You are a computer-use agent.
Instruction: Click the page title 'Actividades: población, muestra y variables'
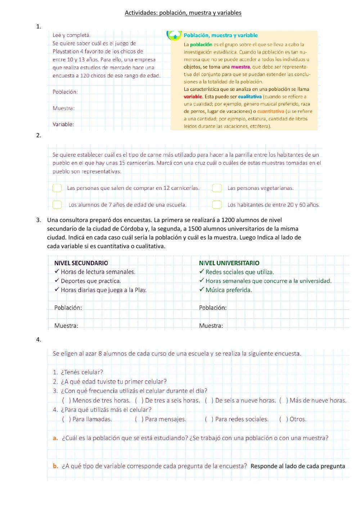(183, 13)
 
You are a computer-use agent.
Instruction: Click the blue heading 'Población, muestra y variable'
(221, 35)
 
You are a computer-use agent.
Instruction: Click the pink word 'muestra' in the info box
(240, 67)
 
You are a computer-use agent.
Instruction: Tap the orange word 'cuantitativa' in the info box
(270, 111)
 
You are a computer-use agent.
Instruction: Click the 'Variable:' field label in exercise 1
(63, 124)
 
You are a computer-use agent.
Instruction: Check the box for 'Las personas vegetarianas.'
(217, 188)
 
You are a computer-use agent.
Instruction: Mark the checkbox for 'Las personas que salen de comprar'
(57, 188)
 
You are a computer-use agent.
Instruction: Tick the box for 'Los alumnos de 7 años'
(57, 205)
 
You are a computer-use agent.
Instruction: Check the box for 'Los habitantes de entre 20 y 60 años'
(217, 205)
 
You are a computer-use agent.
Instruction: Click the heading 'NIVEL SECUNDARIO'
(81, 263)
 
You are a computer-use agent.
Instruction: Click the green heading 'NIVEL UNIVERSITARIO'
(229, 263)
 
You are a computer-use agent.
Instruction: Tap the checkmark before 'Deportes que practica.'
(57, 281)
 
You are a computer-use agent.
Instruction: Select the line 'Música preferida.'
(229, 290)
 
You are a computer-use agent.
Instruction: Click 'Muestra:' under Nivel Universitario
(211, 326)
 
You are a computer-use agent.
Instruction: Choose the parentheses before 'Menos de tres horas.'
(67, 401)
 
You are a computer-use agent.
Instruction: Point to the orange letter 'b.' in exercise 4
(55, 466)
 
